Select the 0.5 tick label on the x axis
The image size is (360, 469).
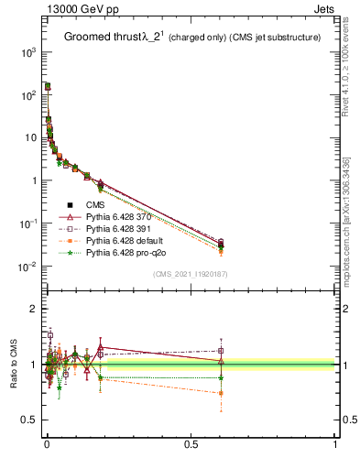pyautogui.click(x=191, y=444)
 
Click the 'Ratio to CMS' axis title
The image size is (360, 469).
pyautogui.click(x=13, y=365)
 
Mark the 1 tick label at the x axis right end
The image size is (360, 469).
pyautogui.click(x=335, y=444)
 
